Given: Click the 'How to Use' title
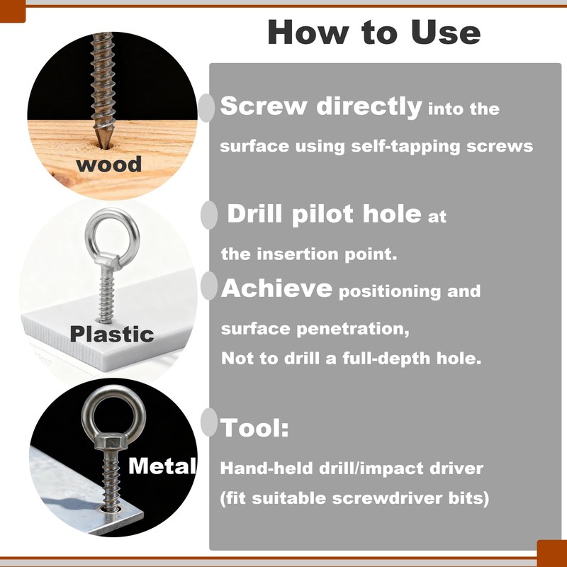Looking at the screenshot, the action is click(x=374, y=32).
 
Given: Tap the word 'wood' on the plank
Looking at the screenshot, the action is click(x=109, y=164).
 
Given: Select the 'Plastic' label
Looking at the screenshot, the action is click(x=112, y=333).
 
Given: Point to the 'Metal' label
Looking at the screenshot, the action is click(x=162, y=466).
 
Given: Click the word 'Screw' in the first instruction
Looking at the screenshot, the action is click(x=264, y=106).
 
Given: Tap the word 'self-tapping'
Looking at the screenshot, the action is click(x=405, y=147).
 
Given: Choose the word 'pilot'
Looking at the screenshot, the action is click(x=322, y=214).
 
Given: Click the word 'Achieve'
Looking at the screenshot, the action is click(x=276, y=288).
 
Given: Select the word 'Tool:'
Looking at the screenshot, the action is click(x=254, y=428).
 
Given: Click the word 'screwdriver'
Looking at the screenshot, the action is click(x=387, y=498).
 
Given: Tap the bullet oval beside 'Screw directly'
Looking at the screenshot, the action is click(x=206, y=108).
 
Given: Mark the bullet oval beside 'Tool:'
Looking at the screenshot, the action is click(x=209, y=422).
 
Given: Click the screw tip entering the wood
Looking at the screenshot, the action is click(x=102, y=145).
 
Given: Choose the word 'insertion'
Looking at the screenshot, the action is click(x=298, y=254).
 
